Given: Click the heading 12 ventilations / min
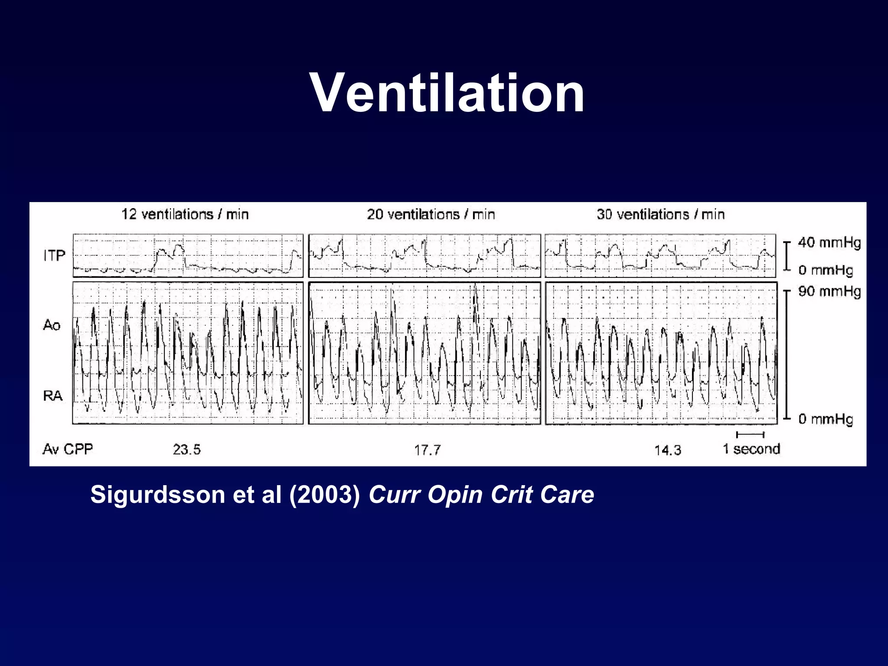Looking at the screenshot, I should click(x=185, y=214).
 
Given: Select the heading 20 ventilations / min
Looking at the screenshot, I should click(x=431, y=214).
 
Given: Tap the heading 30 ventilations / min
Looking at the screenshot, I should click(x=660, y=214).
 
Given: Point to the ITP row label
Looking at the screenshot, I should click(x=54, y=256).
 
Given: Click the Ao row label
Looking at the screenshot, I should click(x=52, y=325).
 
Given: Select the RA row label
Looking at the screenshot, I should click(x=53, y=395).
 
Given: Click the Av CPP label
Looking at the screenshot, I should click(x=68, y=449).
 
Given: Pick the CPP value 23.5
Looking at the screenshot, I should click(x=186, y=449).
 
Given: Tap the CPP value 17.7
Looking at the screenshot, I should click(x=427, y=450).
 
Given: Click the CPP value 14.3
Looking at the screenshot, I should click(x=667, y=450).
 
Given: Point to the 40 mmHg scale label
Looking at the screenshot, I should click(x=829, y=242).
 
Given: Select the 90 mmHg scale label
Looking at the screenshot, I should click(x=829, y=291).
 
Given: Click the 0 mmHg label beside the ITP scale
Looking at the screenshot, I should click(x=826, y=270).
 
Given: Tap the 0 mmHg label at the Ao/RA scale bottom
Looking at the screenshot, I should click(x=826, y=419).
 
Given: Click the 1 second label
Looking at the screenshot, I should click(x=751, y=449).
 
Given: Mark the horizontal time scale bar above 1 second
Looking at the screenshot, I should click(x=750, y=434).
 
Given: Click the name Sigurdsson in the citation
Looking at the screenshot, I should click(x=157, y=494).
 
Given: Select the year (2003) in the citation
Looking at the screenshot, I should click(x=325, y=494).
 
